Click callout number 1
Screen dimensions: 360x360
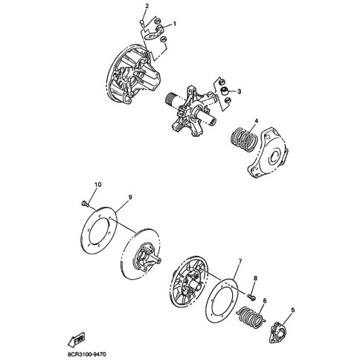tap(175, 24)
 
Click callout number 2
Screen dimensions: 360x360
tap(147, 6)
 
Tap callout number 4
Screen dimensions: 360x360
tap(256, 120)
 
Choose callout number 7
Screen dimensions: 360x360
tap(240, 262)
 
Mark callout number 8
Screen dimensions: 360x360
tap(255, 278)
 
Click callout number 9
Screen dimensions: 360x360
tap(129, 196)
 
